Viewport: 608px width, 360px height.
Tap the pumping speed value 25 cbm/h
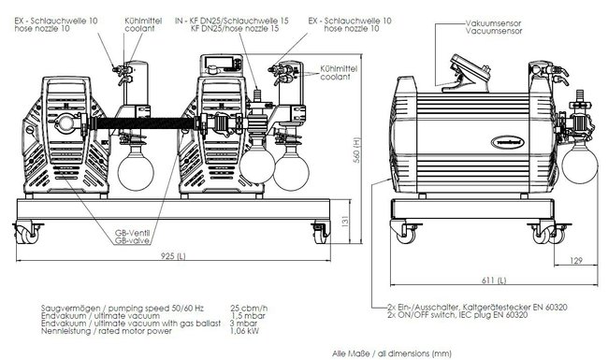click(x=248, y=308)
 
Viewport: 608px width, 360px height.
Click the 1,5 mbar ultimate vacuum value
click(x=247, y=315)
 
